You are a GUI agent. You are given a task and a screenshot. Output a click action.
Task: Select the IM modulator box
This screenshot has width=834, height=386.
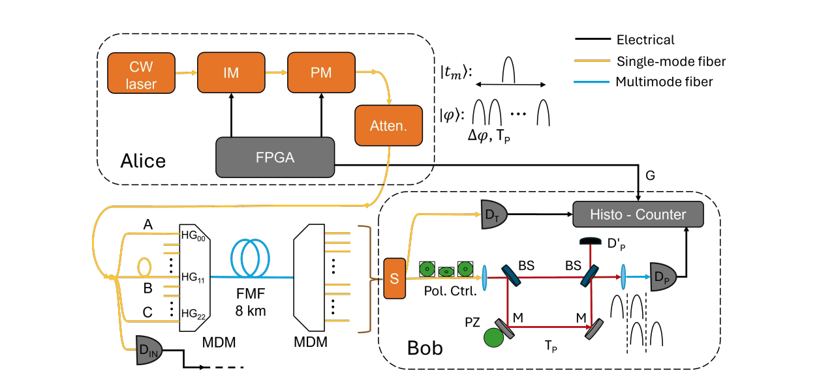click(x=231, y=73)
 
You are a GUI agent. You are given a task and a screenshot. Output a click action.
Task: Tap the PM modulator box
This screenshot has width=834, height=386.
click(x=321, y=73)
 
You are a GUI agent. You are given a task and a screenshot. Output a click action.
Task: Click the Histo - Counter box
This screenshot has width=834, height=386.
click(x=638, y=215)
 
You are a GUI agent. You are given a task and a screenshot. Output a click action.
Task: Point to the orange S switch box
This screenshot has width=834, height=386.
click(x=394, y=278)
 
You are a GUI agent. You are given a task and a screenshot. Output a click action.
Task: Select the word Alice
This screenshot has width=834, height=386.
click(x=143, y=161)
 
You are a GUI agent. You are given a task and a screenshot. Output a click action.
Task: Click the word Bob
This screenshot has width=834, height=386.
click(x=425, y=348)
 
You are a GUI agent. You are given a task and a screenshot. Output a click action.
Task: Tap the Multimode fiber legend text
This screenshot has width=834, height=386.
click(x=664, y=82)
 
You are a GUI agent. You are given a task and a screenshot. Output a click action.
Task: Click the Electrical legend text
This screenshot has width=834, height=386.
click(x=645, y=40)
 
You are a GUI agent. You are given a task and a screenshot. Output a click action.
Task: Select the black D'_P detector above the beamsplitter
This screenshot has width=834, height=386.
click(x=591, y=241)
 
